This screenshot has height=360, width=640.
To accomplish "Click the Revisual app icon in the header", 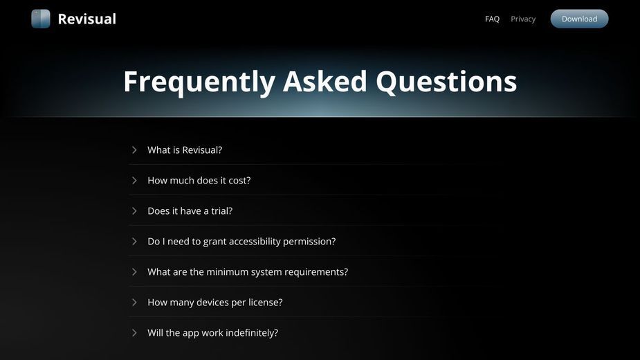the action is tap(41, 19).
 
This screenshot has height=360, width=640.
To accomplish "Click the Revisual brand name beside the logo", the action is tap(87, 19).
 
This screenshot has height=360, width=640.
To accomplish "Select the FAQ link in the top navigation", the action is tap(492, 19).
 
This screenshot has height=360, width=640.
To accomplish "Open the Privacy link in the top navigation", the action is tap(523, 19).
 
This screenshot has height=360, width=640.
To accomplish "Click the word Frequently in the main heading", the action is tap(199, 82).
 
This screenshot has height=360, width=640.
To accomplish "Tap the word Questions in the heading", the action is tap(446, 82).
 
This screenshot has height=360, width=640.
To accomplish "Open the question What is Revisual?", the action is tap(185, 150).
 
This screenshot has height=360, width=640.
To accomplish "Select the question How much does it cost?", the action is tap(199, 180).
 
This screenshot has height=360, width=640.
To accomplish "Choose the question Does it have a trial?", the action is tap(190, 211).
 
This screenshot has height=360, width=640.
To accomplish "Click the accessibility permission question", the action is tap(241, 242).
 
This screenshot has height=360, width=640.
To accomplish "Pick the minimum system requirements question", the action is tap(248, 272).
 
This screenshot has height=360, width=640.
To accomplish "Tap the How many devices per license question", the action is tap(215, 303).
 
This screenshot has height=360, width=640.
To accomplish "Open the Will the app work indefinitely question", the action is tap(212, 333).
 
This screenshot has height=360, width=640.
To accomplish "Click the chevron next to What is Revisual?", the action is tap(134, 150).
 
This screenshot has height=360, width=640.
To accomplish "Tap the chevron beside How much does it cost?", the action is tap(134, 180).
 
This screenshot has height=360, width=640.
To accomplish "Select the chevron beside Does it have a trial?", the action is tap(134, 211).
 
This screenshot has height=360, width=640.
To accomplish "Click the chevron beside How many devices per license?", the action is tap(134, 303).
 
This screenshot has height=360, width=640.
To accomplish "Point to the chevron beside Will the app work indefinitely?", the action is tap(134, 332).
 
